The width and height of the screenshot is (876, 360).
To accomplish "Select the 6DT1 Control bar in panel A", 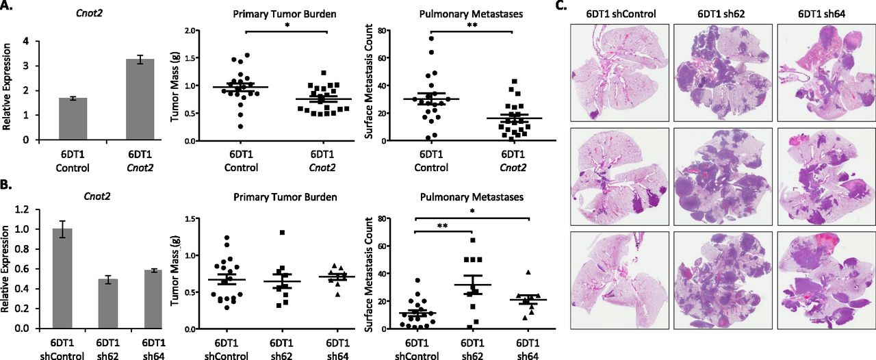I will (73, 119).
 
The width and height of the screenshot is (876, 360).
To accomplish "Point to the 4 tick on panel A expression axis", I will (26, 41).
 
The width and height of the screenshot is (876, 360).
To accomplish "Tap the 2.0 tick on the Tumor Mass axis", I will (175, 31).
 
